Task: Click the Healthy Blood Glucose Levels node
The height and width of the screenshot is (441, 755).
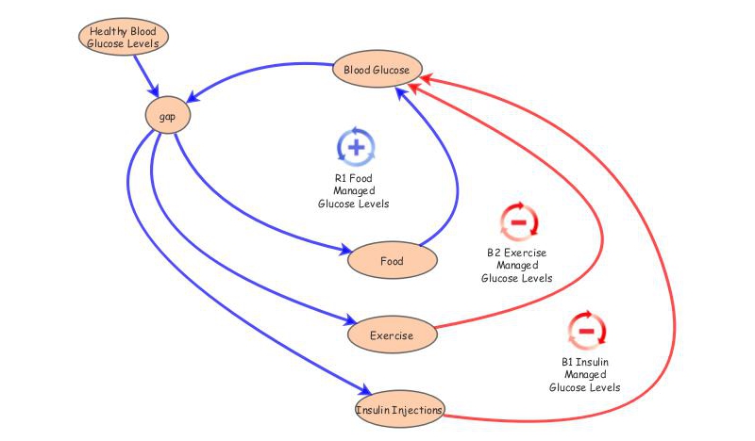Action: click(x=124, y=37)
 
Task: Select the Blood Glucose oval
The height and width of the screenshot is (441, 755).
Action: click(x=377, y=71)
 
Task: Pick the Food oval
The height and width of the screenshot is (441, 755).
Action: click(x=391, y=260)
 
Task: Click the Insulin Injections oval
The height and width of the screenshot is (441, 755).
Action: click(x=398, y=410)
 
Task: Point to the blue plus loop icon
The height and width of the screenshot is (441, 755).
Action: click(x=356, y=147)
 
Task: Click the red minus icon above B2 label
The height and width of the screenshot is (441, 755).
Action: click(x=518, y=222)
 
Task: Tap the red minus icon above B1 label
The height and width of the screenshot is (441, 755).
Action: click(x=586, y=331)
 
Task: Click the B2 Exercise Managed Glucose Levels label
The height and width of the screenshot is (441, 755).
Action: click(x=516, y=266)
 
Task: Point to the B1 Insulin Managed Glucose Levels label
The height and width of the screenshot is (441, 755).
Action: click(x=585, y=374)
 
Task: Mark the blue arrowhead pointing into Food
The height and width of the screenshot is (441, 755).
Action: click(x=342, y=251)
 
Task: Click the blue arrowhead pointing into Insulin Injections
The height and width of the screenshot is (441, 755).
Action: click(x=361, y=392)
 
